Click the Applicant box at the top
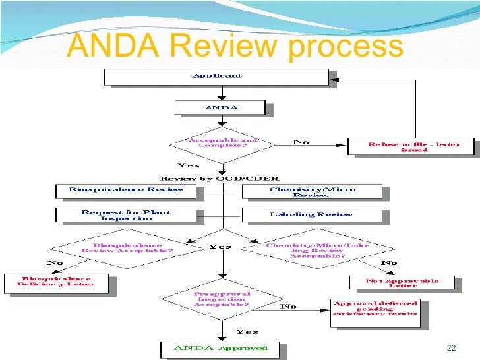(216, 76)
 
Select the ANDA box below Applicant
(220, 107)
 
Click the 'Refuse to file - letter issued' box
(413, 146)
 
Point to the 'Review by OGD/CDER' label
(220, 178)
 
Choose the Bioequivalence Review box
(126, 191)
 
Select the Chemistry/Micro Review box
(312, 192)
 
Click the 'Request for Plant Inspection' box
(126, 215)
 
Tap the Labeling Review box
(312, 215)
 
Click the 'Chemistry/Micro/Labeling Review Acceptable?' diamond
(318, 249)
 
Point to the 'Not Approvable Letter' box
(402, 282)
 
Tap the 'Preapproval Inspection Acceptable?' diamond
(222, 299)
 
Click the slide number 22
(451, 348)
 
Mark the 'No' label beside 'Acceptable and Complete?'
(301, 142)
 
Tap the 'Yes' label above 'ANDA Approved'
(247, 331)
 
